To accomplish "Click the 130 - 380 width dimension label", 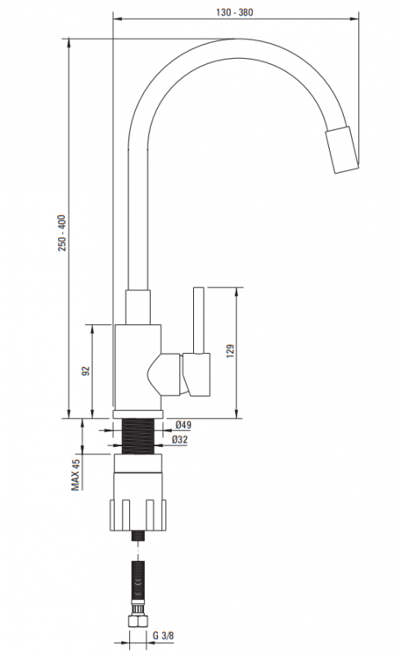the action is (234, 12).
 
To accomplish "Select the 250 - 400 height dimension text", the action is (62, 233).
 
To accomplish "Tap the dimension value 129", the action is (230, 351).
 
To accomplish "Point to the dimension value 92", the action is (86, 371).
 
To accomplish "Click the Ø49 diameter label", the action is (183, 425).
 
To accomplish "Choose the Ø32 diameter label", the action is (180, 440).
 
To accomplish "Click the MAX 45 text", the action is (75, 475).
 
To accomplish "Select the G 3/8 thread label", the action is (164, 636).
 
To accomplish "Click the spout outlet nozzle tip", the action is (342, 149).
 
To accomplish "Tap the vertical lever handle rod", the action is (198, 320).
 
